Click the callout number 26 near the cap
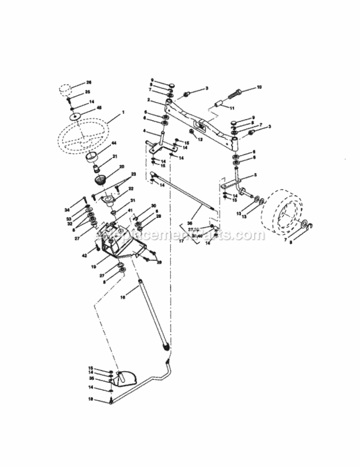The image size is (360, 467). [88, 82]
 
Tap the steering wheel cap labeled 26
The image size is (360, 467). [68, 88]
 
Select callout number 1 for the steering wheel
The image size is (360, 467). [123, 111]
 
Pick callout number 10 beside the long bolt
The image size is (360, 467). [259, 87]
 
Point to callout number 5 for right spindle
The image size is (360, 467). [255, 175]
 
